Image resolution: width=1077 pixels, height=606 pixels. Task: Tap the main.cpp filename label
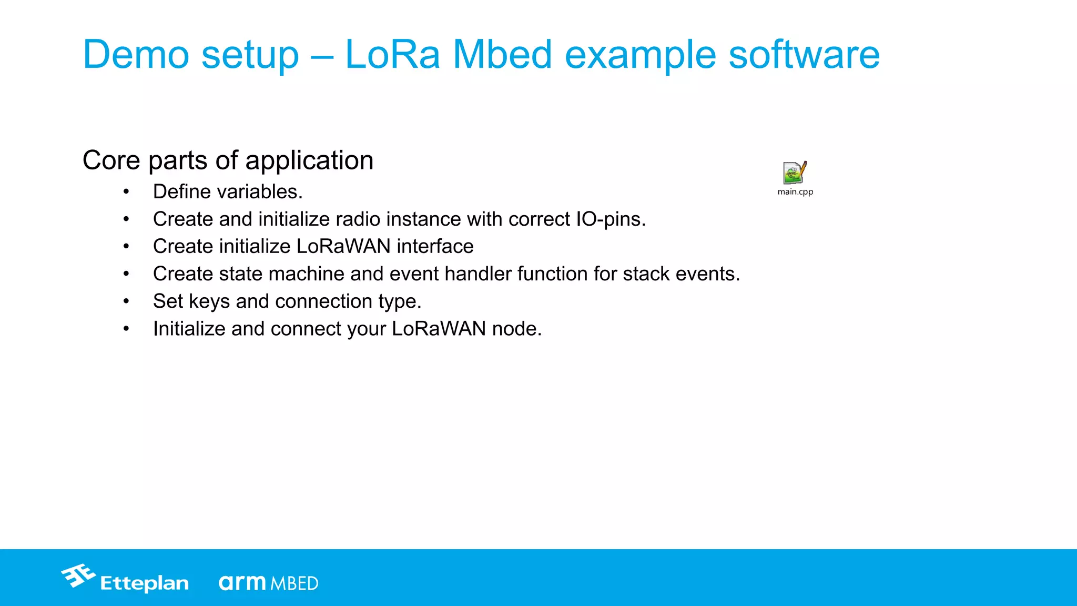tap(795, 192)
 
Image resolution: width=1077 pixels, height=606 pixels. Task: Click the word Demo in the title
tap(136, 55)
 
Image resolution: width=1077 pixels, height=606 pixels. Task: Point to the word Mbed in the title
tap(502, 55)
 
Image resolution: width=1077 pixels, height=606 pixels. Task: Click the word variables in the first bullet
tap(257, 192)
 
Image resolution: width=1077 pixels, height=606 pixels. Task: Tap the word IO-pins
tap(611, 219)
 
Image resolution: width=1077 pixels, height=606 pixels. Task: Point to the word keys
tap(209, 302)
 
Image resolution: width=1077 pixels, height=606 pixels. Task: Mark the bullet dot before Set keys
tap(126, 302)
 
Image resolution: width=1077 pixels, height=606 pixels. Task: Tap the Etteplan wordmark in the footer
tap(144, 583)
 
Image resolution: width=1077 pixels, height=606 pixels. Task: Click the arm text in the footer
tap(242, 582)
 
